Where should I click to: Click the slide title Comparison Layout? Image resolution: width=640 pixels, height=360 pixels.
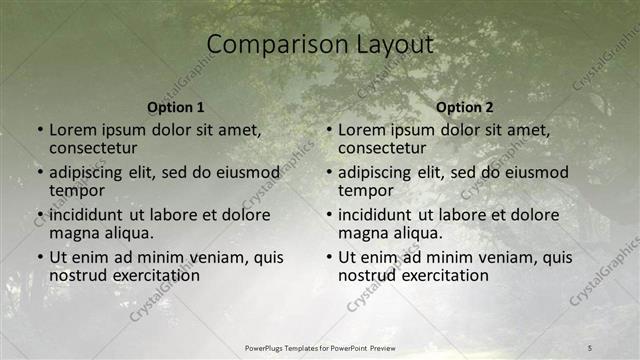click(x=320, y=45)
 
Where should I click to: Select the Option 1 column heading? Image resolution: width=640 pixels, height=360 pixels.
click(x=176, y=107)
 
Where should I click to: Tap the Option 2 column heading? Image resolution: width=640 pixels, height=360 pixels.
click(x=465, y=107)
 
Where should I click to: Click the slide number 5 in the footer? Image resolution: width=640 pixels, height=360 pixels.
click(x=590, y=347)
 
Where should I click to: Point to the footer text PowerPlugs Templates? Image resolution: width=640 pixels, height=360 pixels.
click(x=291, y=348)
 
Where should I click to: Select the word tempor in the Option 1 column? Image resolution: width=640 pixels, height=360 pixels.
click(x=77, y=191)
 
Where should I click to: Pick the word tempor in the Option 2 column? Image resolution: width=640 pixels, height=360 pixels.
click(x=366, y=191)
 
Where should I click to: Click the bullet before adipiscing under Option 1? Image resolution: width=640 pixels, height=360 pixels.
click(x=39, y=173)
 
